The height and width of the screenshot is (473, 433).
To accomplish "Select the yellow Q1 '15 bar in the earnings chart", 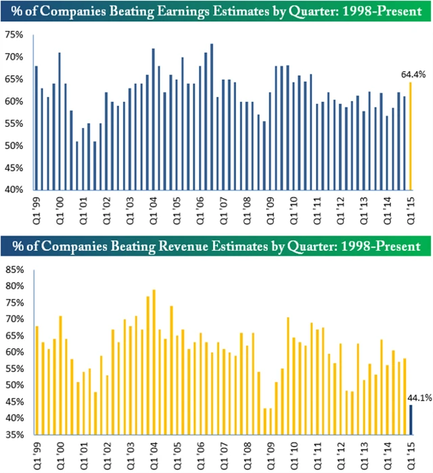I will click(x=410, y=136).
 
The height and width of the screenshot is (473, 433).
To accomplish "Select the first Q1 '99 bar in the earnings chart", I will click(x=36, y=127).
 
